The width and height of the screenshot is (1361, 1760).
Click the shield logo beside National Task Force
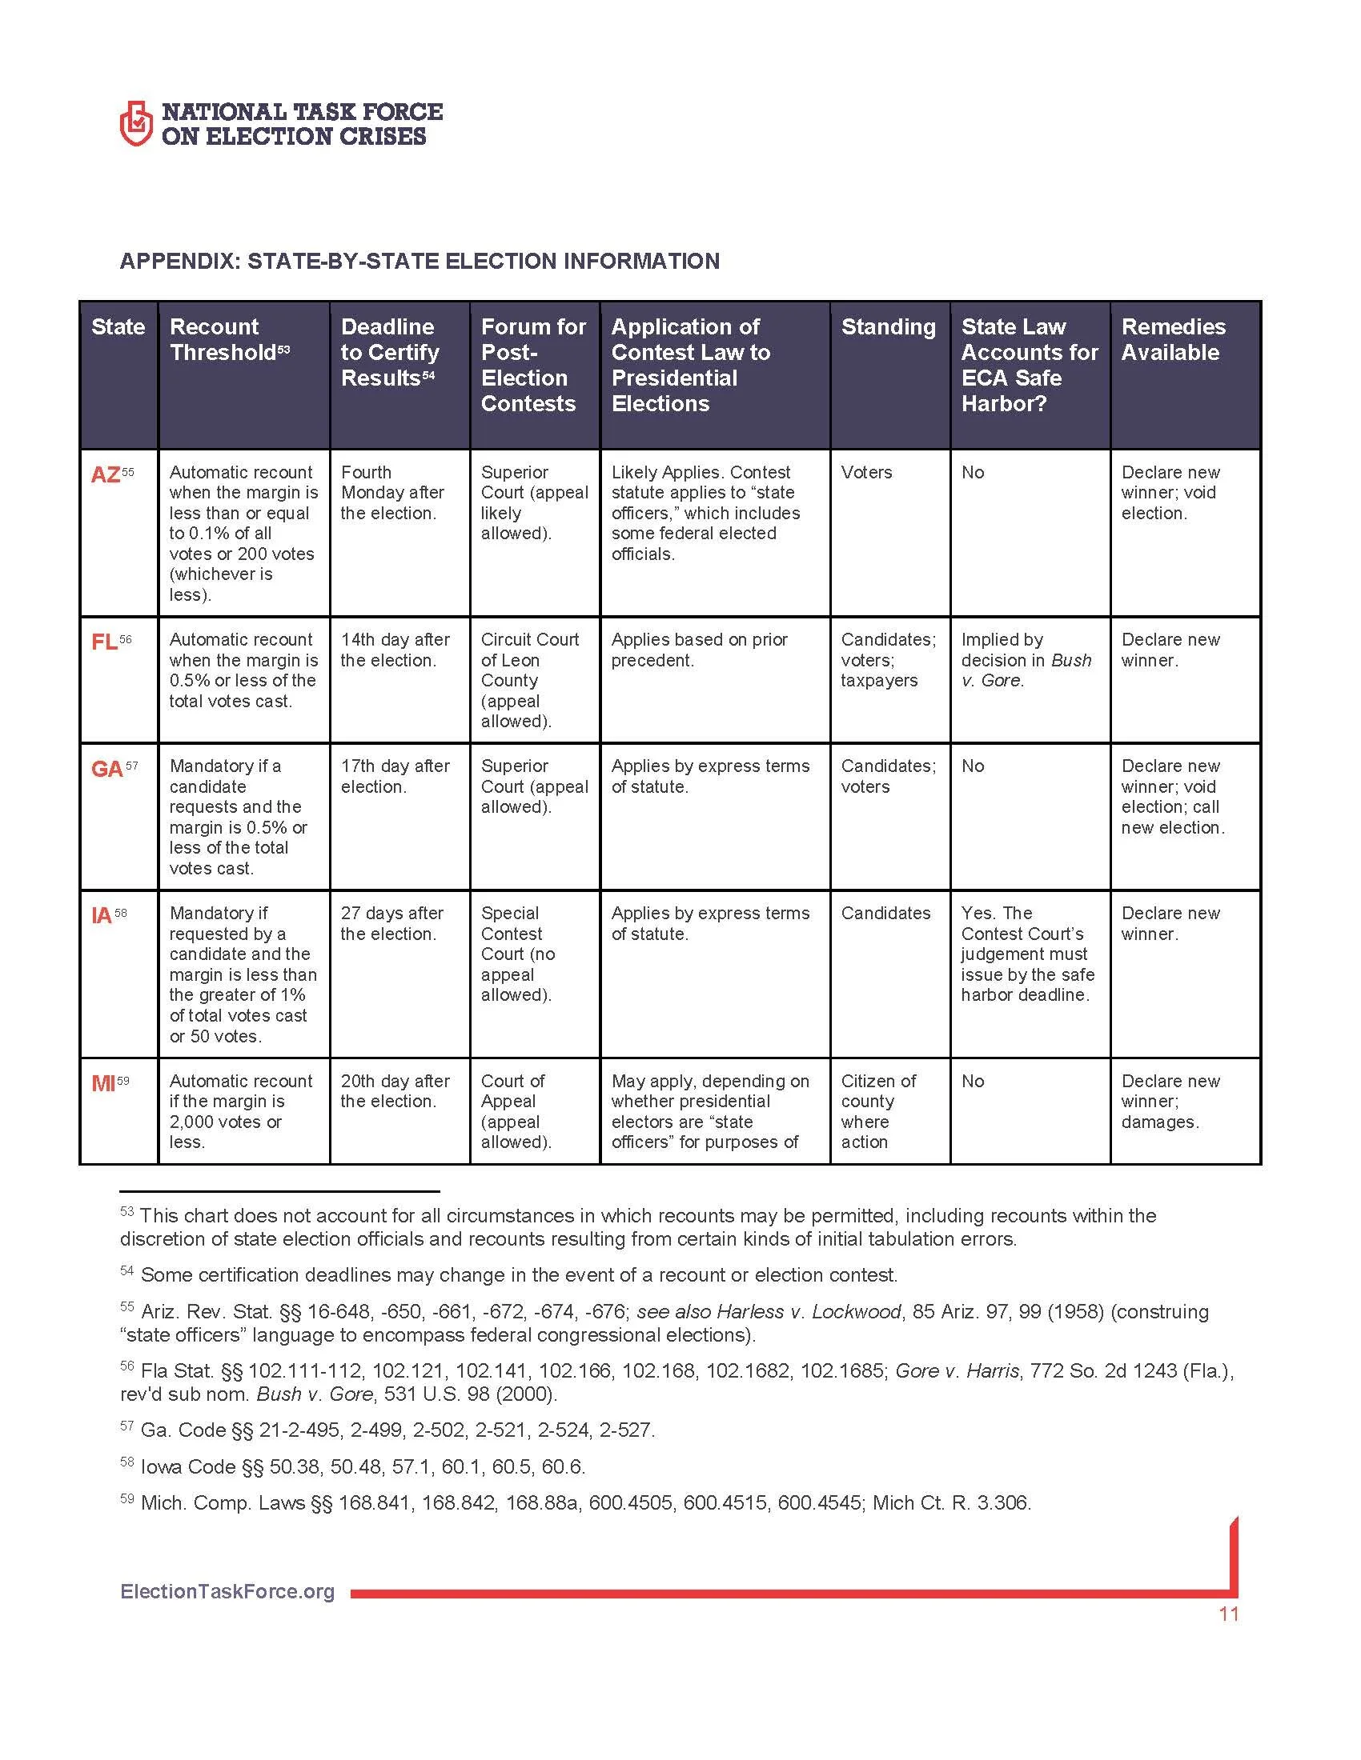[135, 122]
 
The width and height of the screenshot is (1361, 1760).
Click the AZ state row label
[106, 474]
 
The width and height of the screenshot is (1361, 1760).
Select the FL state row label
[105, 642]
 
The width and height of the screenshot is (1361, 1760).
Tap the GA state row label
[107, 769]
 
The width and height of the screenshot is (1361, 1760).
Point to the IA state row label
[102, 915]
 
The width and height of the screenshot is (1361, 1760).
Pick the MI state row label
[103, 1083]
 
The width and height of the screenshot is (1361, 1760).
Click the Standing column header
[888, 326]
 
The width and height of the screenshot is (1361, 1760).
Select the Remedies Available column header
[1172, 339]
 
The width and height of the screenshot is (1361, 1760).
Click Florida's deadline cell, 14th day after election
[395, 650]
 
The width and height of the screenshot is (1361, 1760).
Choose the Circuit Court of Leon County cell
[530, 679]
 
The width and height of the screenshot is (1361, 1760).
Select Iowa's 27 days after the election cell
[391, 922]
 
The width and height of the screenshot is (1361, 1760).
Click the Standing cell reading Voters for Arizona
[866, 472]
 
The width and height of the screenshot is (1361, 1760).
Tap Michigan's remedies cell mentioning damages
[1170, 1101]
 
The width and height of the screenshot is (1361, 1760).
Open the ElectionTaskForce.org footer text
[227, 1591]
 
